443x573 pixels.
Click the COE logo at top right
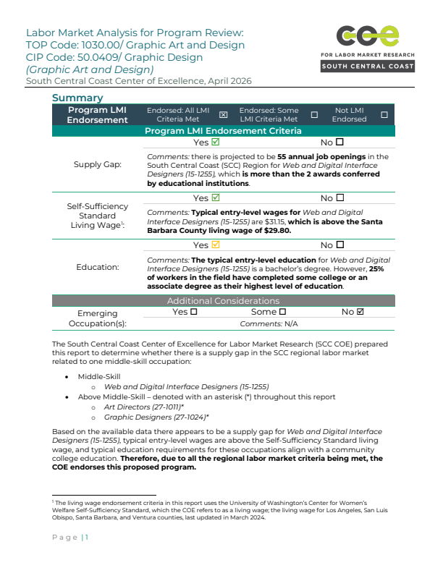coord(367,36)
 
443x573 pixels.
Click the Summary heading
coord(77,98)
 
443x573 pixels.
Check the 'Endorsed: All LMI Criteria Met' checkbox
coord(223,115)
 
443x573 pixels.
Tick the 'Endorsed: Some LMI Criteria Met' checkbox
coord(314,115)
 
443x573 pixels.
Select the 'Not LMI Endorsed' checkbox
coord(384,115)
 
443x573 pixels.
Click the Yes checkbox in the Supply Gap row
coord(215,143)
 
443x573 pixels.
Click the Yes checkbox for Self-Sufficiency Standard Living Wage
coord(215,198)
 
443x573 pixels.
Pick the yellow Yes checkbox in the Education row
coord(215,246)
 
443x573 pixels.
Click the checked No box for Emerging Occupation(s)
coord(360,312)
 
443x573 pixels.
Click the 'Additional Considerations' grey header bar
coord(224,300)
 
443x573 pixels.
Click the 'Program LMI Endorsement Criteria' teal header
coord(224,131)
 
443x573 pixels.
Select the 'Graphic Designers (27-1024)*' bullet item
coord(156,417)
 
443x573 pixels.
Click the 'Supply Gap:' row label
coord(98,164)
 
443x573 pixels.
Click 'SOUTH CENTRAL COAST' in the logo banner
coord(368,67)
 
